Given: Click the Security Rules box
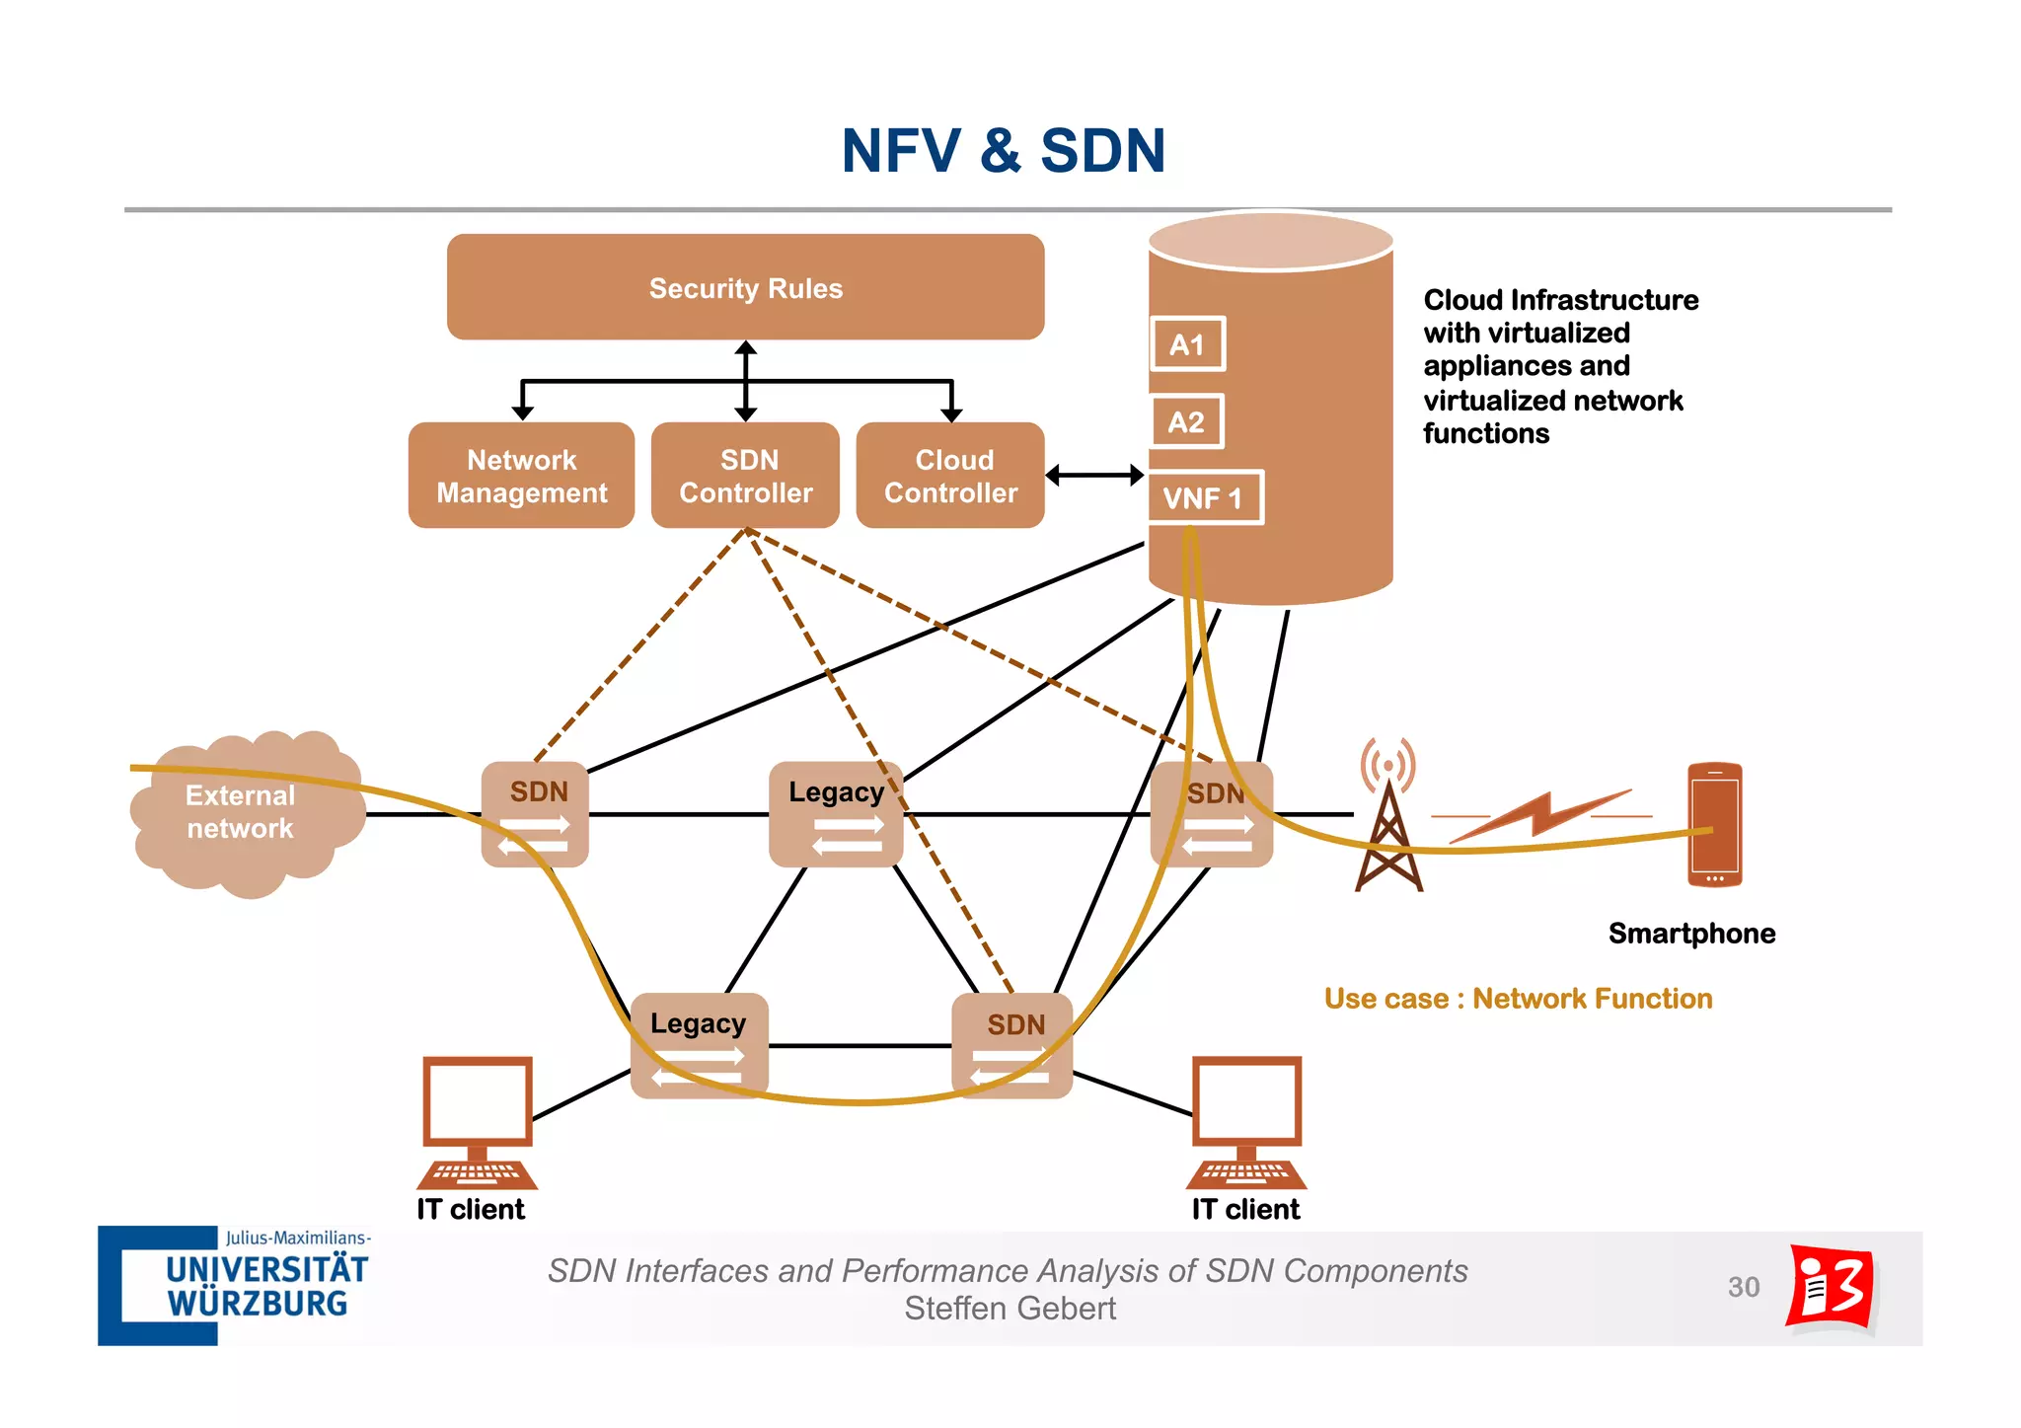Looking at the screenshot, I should click(745, 287).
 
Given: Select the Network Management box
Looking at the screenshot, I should click(521, 476).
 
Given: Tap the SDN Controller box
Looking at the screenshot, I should click(745, 476).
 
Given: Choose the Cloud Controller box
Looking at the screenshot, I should click(950, 476).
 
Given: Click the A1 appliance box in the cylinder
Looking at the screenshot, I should click(1187, 344).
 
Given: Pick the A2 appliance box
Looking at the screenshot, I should click(1187, 421).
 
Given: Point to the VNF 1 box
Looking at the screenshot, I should click(1205, 497).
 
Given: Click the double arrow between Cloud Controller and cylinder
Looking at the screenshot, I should click(1094, 476).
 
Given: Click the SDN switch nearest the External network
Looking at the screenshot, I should click(535, 814).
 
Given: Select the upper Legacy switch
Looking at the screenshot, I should click(836, 814).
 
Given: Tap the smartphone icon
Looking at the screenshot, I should click(1714, 824).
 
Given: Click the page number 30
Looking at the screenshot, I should click(1744, 1287).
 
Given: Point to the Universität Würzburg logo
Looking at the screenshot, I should click(235, 1285).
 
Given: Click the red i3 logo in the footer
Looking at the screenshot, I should click(1832, 1287).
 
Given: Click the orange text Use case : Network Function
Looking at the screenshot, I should click(1518, 999).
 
